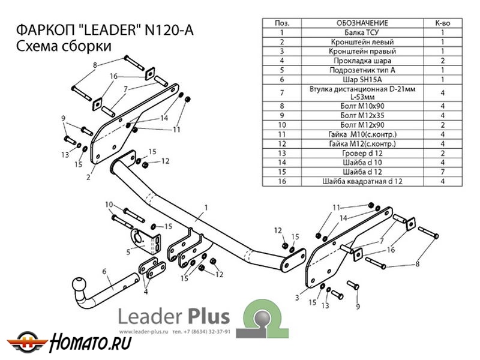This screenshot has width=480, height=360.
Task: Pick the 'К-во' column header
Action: click(x=442, y=23)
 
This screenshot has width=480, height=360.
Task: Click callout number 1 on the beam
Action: click(x=205, y=207)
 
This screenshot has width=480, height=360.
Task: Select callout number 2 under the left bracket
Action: click(x=88, y=176)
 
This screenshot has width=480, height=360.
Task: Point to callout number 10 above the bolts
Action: click(x=109, y=205)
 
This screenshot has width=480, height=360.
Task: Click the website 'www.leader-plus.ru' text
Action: click(x=145, y=332)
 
